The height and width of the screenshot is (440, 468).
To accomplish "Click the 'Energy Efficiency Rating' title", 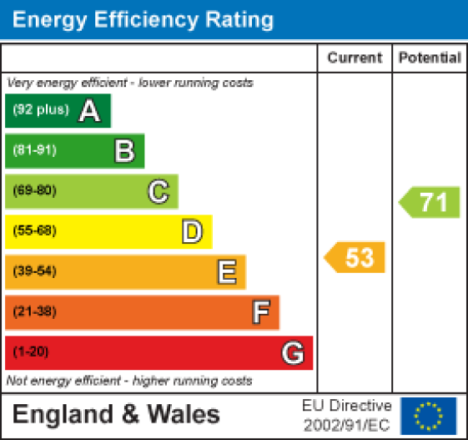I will click(143, 19).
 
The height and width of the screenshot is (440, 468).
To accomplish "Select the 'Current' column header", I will click(355, 58).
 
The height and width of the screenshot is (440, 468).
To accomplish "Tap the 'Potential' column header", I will click(430, 58).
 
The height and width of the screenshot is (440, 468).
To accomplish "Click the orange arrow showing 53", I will click(356, 257).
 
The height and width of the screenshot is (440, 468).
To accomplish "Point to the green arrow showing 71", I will click(430, 203).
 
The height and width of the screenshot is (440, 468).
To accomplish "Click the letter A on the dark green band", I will click(89, 111).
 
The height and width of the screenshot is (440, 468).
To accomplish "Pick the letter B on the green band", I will click(124, 151).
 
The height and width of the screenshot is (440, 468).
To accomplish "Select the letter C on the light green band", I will click(158, 191).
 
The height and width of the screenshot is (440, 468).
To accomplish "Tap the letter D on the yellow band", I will click(193, 231).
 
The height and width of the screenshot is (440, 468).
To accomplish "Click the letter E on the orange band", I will click(226, 271).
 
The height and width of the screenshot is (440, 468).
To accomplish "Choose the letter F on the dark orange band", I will click(260, 312).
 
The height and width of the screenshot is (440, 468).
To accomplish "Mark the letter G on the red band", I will click(292, 353).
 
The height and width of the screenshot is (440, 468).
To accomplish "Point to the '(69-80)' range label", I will click(34, 191).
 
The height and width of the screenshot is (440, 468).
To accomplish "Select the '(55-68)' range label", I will click(34, 231).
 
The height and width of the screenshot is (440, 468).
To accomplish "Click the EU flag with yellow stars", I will click(428, 415).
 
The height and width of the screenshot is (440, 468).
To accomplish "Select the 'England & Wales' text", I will click(116, 414).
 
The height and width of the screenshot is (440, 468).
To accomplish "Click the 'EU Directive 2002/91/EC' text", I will click(346, 414).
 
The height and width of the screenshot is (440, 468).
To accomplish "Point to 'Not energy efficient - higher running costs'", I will click(129, 381).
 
